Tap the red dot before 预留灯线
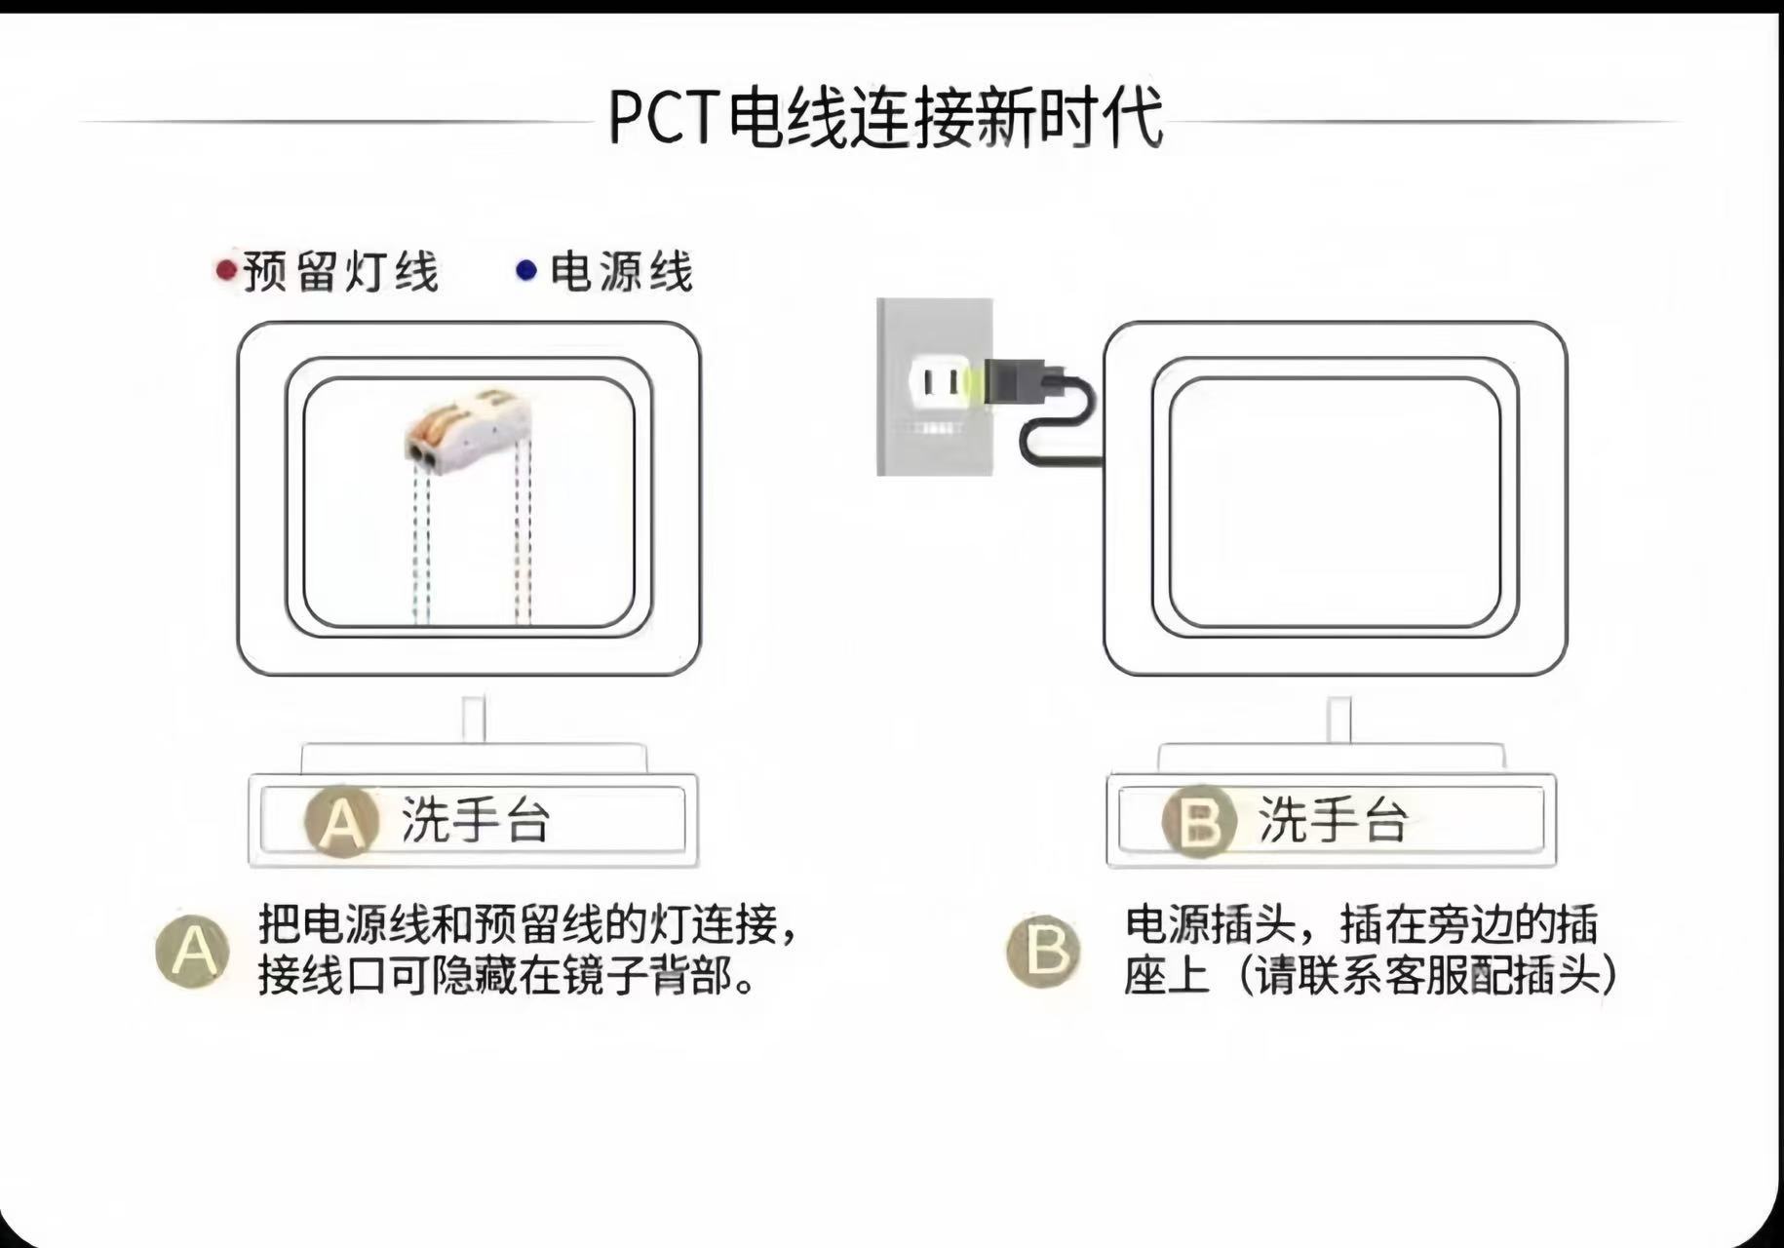click(226, 269)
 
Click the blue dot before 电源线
click(526, 269)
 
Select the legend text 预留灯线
click(341, 271)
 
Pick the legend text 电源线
click(621, 271)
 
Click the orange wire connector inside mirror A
click(468, 425)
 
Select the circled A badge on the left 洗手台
click(341, 821)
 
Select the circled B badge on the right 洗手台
click(1199, 821)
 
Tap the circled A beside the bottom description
click(193, 950)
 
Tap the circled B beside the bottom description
click(1043, 950)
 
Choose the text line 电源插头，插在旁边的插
click(1361, 924)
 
